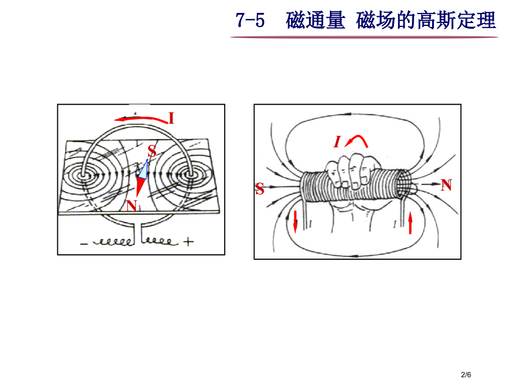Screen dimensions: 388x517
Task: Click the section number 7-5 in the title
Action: point(250,20)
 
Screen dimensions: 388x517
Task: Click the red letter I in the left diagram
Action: point(171,118)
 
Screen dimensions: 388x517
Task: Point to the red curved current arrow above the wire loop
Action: point(140,118)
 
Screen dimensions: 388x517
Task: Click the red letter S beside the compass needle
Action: point(152,151)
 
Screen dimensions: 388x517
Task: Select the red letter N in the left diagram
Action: point(131,206)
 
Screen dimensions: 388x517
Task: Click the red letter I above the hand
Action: point(337,142)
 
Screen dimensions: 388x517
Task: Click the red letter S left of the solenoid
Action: point(260,190)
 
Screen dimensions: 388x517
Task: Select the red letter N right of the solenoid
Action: point(446,185)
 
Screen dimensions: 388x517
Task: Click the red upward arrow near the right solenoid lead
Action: point(410,223)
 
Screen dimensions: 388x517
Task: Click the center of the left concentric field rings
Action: point(84,175)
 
